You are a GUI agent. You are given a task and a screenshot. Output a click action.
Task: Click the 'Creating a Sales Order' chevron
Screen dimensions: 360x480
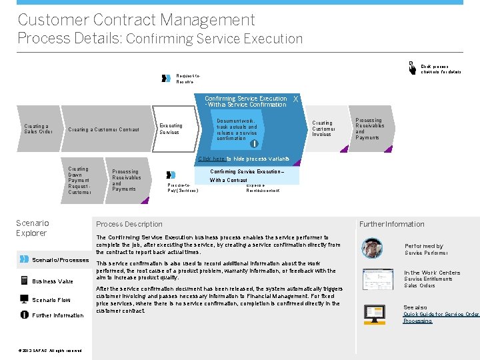pos(37,129)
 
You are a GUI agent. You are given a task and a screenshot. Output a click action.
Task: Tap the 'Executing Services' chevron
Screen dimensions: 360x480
pos(171,129)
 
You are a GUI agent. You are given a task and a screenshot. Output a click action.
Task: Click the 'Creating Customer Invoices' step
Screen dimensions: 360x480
pos(323,129)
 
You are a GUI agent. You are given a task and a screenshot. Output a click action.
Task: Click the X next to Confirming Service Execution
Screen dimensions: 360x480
pos(295,99)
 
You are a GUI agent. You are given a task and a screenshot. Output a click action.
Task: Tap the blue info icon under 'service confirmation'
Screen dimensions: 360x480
pos(253,143)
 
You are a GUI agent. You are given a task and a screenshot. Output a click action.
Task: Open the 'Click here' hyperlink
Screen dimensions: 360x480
pos(211,159)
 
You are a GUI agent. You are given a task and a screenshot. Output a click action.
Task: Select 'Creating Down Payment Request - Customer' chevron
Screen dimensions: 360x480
pos(79,181)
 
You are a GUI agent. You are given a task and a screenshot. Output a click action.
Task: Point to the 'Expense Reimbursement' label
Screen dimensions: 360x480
pos(263,188)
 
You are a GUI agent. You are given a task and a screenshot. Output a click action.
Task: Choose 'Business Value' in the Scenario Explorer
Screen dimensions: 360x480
pos(52,281)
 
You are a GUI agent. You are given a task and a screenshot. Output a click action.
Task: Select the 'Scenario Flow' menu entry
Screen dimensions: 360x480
pos(51,300)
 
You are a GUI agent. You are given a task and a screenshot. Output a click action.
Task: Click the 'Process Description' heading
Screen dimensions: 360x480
pos(129,224)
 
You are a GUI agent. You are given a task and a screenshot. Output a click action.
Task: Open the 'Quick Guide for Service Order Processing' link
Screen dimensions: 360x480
pos(441,317)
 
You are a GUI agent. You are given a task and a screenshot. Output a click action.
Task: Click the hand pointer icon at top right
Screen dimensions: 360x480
pos(412,67)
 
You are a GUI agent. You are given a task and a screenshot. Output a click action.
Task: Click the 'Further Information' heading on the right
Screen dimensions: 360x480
pos(391,224)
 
